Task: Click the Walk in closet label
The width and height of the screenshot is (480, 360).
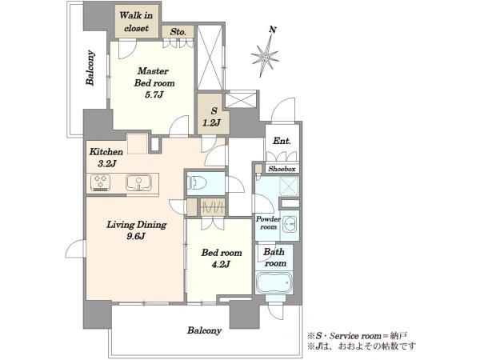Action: point(136,22)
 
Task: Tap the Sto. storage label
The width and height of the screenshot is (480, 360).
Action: point(178,31)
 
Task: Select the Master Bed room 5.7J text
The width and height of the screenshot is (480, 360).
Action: point(154,82)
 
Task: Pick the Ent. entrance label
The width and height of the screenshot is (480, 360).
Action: point(282,141)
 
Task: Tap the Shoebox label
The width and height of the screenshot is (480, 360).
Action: point(282,169)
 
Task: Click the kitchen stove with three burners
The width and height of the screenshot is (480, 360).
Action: point(101,182)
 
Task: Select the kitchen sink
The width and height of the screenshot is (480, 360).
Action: point(138,182)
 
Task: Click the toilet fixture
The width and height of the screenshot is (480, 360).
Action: point(198,183)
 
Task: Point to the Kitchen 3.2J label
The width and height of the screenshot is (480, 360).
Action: point(106,158)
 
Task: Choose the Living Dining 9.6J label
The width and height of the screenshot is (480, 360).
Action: point(136,230)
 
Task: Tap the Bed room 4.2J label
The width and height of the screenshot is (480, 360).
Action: point(222,258)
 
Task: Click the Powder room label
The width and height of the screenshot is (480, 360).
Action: point(268,223)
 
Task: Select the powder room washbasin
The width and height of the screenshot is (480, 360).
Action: point(290,224)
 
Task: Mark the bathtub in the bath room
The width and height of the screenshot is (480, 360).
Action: point(274,282)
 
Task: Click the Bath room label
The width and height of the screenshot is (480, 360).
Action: point(274,258)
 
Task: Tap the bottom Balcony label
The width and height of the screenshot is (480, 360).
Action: point(204,330)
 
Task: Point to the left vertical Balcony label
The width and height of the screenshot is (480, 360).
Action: point(90,68)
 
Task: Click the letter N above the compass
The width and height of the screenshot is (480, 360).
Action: point(273,30)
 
